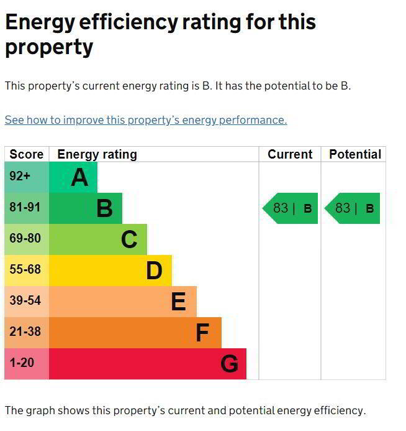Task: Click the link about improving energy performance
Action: (146, 120)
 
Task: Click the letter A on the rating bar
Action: (79, 178)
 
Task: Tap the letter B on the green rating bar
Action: (104, 208)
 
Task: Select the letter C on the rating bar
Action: (129, 239)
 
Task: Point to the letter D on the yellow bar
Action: (154, 271)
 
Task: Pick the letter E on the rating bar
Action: (178, 302)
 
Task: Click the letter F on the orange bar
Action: (202, 333)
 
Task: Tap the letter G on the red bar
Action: (229, 364)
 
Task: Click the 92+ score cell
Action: (20, 177)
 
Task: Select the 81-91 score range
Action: (25, 207)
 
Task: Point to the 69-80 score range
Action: (25, 238)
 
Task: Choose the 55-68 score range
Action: (25, 269)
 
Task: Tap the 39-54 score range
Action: (25, 300)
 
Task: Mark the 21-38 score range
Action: (25, 331)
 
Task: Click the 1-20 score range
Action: (22, 363)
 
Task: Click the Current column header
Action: (290, 154)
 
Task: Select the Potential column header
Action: (355, 154)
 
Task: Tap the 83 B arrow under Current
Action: (291, 208)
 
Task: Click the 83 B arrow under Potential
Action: (353, 208)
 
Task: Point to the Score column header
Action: (27, 154)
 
